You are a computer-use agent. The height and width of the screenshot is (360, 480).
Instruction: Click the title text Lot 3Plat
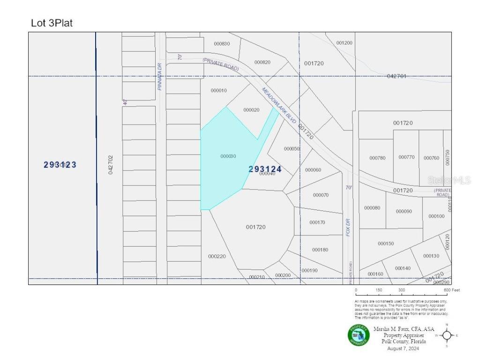pos(52,23)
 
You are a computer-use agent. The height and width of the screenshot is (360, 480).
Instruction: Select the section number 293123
pos(60,165)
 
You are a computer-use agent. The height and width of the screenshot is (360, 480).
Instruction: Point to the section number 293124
pos(265,169)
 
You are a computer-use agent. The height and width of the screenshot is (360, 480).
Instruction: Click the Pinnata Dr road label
pos(160,77)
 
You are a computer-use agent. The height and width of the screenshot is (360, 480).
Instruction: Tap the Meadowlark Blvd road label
pos(279,105)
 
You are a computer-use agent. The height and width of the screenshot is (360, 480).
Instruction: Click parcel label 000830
pos(222,44)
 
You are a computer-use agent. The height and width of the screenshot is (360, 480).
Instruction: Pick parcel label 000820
pos(262,62)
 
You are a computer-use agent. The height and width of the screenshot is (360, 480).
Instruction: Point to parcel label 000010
pos(219,90)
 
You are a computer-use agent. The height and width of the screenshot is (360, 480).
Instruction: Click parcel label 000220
pos(217,256)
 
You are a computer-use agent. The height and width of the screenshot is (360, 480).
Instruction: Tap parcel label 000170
pos(317,222)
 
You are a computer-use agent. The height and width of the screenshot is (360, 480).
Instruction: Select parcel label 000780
pos(377,158)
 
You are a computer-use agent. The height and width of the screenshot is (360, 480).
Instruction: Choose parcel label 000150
pos(386,243)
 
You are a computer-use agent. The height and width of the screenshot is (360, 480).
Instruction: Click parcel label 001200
pos(344,43)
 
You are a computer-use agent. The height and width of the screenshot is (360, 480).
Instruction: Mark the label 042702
pos(111,165)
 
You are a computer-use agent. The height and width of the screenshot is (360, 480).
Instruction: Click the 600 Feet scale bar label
pos(452,290)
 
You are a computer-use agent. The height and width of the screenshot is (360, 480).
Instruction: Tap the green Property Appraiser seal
pos(359,335)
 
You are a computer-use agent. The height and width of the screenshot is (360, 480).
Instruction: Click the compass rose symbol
pos(447,335)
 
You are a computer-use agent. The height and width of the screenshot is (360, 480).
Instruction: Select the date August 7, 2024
pos(403,348)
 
